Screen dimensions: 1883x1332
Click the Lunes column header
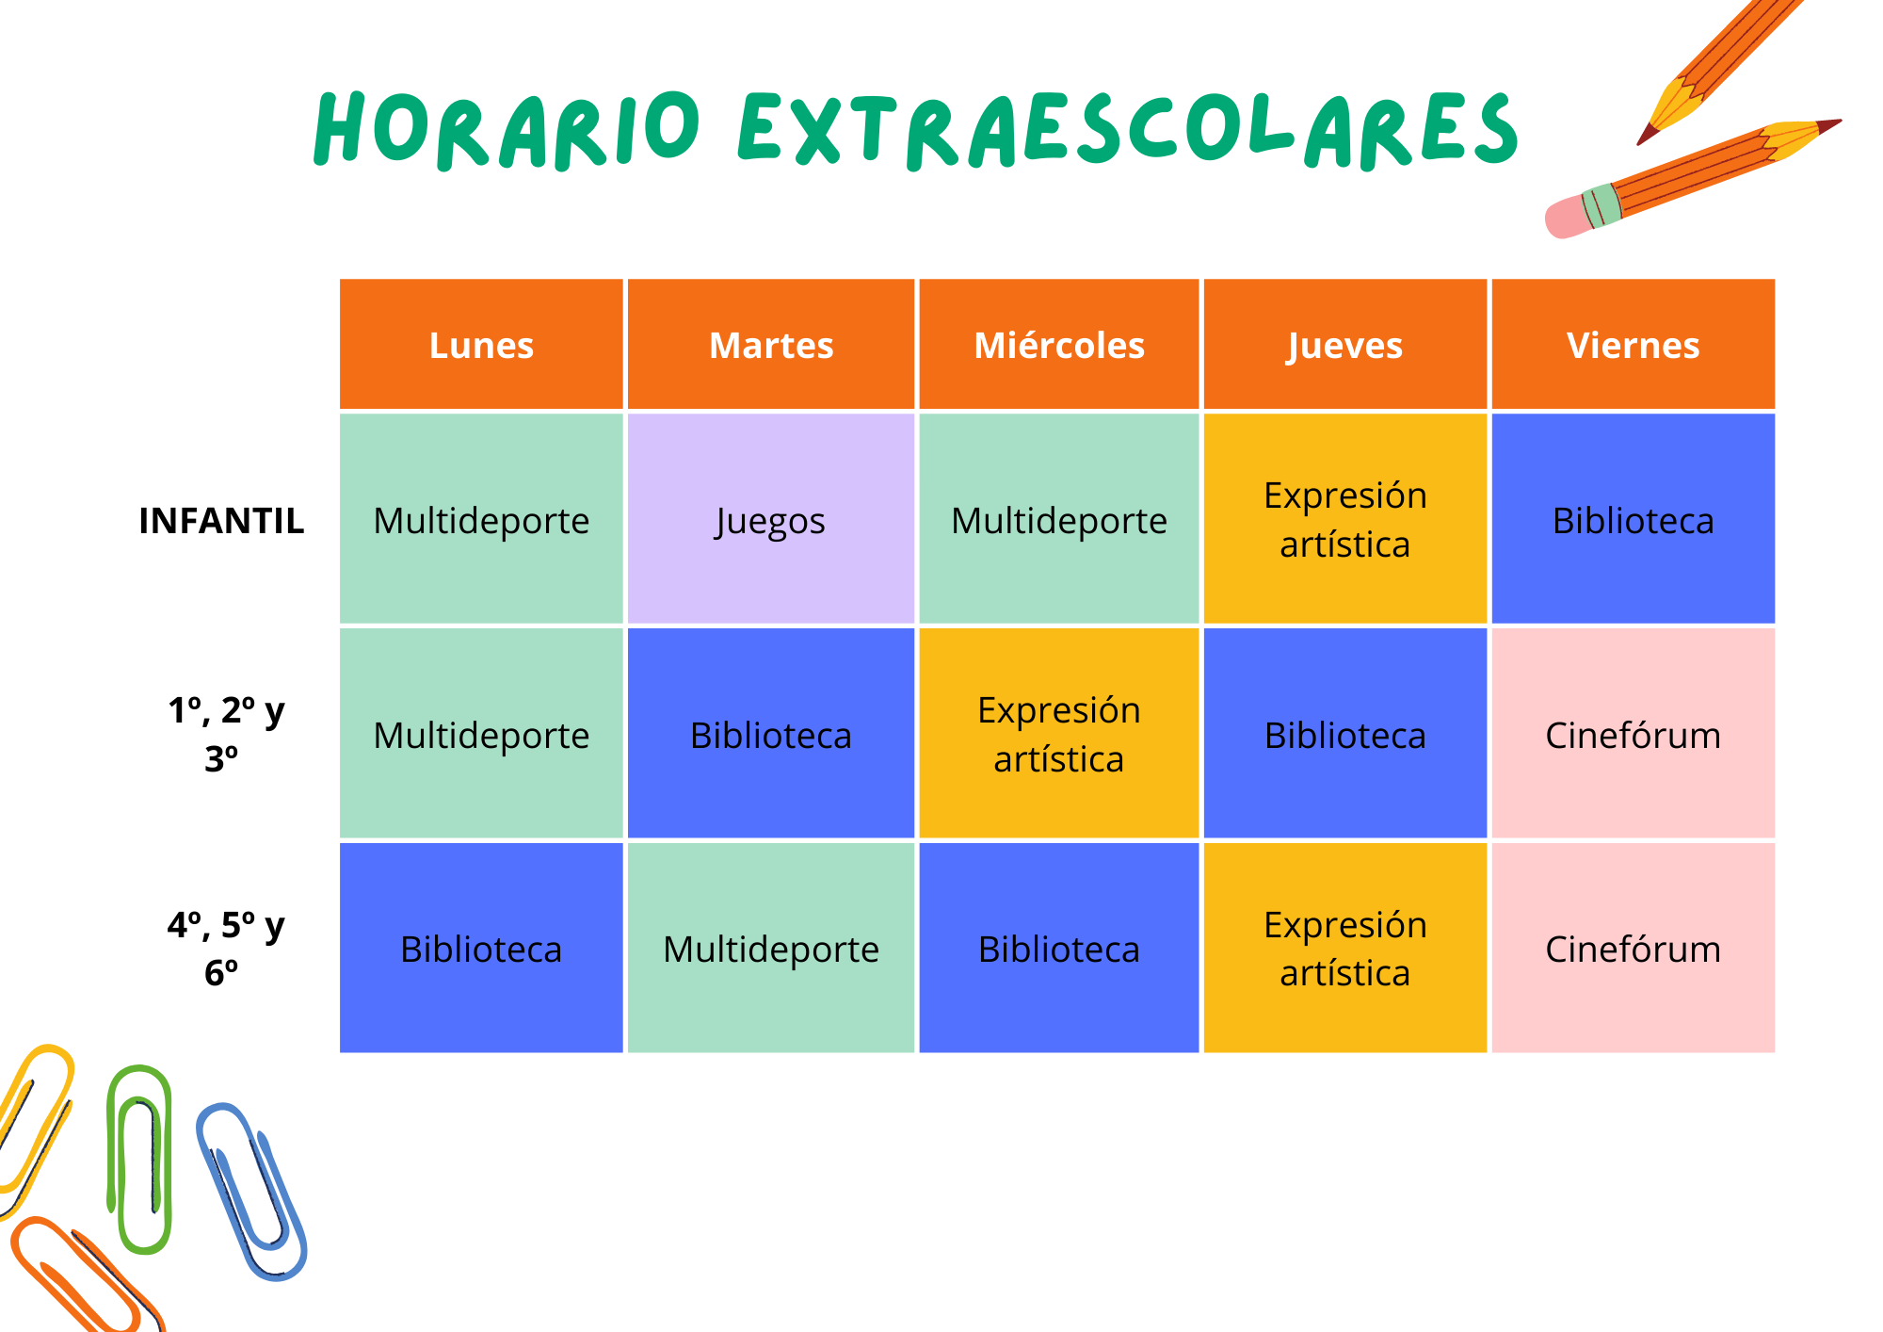coord(481,344)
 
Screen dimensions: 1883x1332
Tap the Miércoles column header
coord(1058,344)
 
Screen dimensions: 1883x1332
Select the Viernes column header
coord(1633,344)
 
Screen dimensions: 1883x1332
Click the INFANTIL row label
coord(221,520)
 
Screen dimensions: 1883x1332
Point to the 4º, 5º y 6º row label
coord(225,948)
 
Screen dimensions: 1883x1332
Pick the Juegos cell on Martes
coord(770,519)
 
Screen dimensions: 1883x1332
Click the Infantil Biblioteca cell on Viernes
coord(1633,519)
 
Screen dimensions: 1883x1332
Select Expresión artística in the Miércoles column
coord(1058,733)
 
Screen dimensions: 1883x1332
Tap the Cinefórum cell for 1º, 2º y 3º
coord(1633,733)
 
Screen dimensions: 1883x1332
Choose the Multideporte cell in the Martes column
coord(770,948)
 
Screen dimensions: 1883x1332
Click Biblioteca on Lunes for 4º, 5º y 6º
coord(481,948)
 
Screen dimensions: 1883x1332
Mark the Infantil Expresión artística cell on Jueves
coord(1344,519)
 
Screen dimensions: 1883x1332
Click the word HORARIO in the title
coord(507,129)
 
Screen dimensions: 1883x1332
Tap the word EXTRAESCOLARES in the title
coord(1128,130)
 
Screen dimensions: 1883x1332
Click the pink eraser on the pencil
coord(1567,217)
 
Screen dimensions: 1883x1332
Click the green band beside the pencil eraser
coord(1601,205)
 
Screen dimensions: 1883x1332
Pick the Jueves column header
coord(1344,344)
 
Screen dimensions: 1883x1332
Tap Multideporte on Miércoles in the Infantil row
coord(1058,519)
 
